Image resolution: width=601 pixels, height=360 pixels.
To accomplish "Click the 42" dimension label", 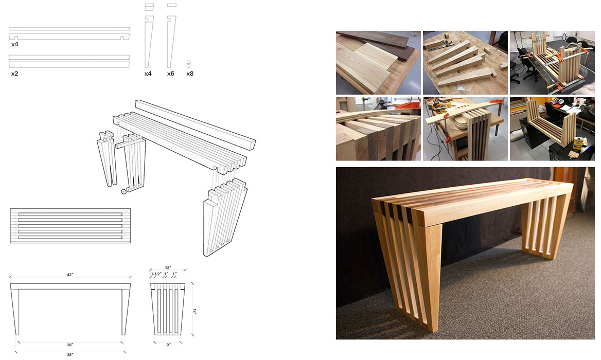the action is (x=70, y=275).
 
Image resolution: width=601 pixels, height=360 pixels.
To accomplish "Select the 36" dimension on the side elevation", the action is (x=70, y=345).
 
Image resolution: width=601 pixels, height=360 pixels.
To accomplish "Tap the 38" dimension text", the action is (x=70, y=355).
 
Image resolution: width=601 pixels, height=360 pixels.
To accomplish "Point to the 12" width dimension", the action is (x=168, y=268).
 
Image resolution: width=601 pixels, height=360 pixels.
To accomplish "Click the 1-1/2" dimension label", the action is (x=156, y=274).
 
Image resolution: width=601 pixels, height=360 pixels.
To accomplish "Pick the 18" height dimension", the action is (x=195, y=311).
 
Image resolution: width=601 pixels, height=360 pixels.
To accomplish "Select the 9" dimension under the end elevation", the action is (x=168, y=345).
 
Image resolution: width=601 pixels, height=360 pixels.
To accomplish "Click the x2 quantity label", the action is (x=14, y=74).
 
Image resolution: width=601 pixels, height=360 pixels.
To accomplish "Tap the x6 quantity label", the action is (x=170, y=74).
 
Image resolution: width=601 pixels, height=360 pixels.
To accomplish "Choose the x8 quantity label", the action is (x=190, y=74).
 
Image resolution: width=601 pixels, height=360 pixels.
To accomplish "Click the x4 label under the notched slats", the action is (x=14, y=44).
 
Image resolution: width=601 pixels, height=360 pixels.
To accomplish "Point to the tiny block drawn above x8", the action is (x=188, y=64).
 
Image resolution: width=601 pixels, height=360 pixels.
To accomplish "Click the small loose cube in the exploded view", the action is (x=124, y=191).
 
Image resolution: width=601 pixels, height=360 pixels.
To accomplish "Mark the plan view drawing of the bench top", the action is (x=70, y=226).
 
